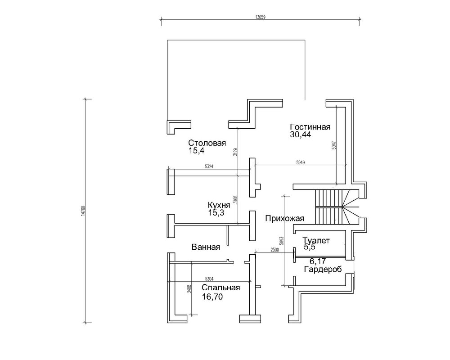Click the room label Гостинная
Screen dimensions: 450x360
310,127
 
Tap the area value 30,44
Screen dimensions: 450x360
301,135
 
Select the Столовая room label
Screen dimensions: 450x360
207,143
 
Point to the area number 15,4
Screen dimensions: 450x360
196,151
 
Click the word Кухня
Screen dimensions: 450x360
219,205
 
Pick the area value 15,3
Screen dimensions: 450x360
216,213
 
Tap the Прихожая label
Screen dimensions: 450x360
284,218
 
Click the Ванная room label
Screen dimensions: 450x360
206,247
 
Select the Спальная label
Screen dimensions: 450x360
220,288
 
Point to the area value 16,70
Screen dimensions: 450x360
212,297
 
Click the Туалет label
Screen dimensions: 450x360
316,241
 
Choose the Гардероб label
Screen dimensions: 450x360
323,270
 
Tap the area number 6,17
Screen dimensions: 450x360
318,261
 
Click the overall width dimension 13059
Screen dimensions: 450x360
260,17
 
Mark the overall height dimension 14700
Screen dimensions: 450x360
83,211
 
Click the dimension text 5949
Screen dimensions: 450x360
301,162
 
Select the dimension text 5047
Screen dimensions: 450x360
333,145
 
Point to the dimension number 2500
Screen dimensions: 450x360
274,250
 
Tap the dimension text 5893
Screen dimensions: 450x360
281,241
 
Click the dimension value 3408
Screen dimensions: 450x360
189,289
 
